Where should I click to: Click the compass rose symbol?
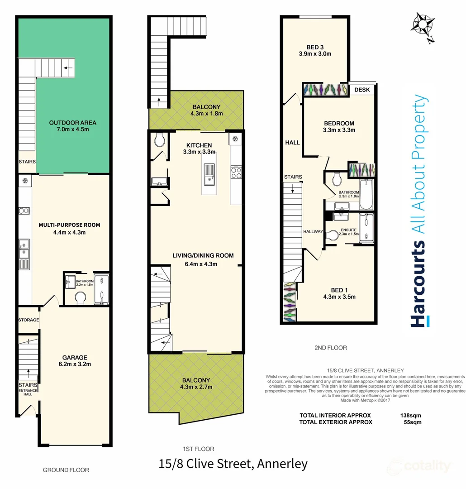click(x=424, y=27)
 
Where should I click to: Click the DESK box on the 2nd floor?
click(x=362, y=90)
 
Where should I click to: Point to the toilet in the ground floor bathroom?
click(x=81, y=298)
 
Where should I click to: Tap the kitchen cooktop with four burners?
click(x=236, y=172)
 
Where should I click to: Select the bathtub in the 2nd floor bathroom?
click(x=366, y=194)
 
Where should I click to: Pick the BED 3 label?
click(x=315, y=46)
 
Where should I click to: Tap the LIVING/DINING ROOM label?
click(x=203, y=255)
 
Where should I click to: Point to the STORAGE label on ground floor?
click(x=29, y=320)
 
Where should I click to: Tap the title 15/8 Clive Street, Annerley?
click(x=233, y=464)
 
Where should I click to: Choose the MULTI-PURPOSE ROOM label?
click(x=69, y=225)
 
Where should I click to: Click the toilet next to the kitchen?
click(x=159, y=141)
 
